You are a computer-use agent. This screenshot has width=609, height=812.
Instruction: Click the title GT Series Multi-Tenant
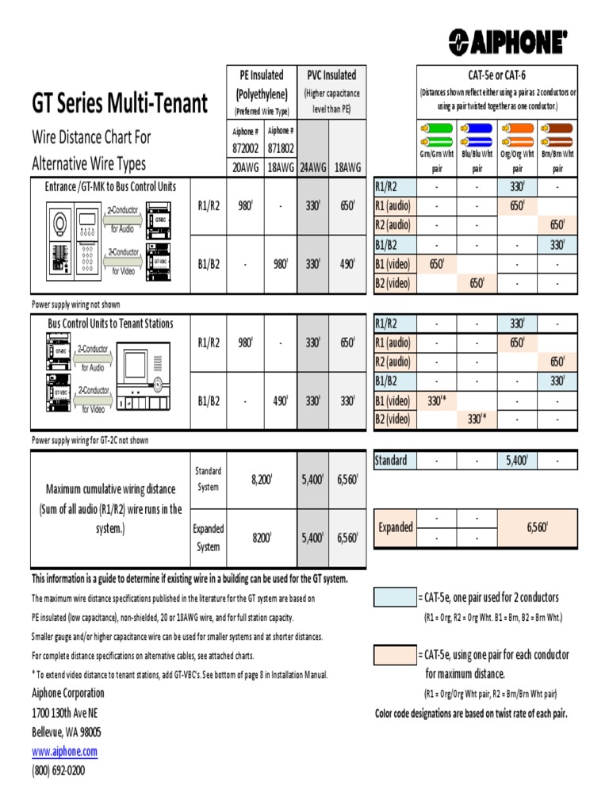pyautogui.click(x=120, y=102)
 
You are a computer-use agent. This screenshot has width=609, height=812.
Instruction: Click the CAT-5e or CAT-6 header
pyautogui.click(x=498, y=75)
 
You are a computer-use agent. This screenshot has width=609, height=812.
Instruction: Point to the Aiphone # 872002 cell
pyautogui.click(x=245, y=140)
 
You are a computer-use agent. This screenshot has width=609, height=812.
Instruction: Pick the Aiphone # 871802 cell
pyautogui.click(x=281, y=140)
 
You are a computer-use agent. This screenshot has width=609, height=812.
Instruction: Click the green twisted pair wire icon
pyautogui.click(x=437, y=132)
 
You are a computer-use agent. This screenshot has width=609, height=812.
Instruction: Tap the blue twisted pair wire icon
pyautogui.click(x=477, y=132)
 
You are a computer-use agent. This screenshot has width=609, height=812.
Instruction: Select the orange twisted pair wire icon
pyautogui.click(x=517, y=132)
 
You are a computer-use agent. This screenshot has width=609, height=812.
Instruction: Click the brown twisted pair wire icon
pyautogui.click(x=557, y=132)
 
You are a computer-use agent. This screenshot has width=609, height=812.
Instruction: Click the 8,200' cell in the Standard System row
pyautogui.click(x=261, y=480)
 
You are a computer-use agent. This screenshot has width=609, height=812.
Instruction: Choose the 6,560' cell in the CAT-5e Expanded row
pyautogui.click(x=538, y=527)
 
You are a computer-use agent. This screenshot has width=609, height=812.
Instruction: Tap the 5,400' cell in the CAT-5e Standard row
pyautogui.click(x=517, y=460)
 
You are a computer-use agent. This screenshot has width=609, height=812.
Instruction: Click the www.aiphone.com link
pyautogui.click(x=64, y=751)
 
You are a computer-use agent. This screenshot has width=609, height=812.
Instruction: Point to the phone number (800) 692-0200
pyautogui.click(x=58, y=770)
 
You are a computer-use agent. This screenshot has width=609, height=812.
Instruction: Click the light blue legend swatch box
pyautogui.click(x=394, y=598)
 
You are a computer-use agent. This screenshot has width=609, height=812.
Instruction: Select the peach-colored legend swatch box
pyautogui.click(x=394, y=655)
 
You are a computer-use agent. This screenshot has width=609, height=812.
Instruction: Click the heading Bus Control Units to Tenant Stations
pyautogui.click(x=110, y=324)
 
